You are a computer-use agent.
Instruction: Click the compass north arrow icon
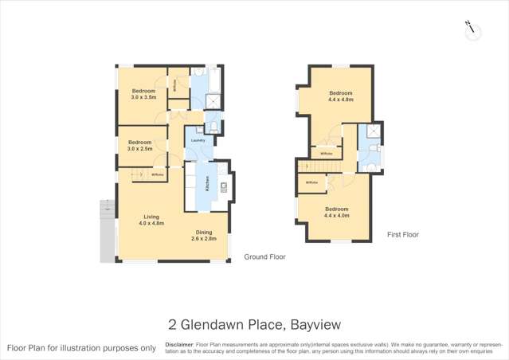tap(472, 29)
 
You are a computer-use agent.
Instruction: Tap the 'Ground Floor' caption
tap(264, 257)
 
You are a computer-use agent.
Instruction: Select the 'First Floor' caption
tap(402, 235)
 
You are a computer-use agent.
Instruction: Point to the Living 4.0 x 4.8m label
tap(151, 221)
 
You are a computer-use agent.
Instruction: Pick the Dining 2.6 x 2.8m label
tap(204, 236)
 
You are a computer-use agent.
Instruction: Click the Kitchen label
tap(208, 184)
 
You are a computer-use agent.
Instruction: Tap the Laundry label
tap(198, 141)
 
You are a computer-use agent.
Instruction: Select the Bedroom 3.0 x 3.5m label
tap(143, 94)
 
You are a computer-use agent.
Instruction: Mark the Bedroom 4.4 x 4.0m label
tap(336, 212)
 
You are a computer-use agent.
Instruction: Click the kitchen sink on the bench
tap(224, 188)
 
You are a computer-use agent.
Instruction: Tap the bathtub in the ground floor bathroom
tap(199, 82)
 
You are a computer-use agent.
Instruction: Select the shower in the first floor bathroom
tap(370, 133)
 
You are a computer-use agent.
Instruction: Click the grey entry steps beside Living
tap(107, 209)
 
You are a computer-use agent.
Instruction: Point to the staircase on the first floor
tap(318, 165)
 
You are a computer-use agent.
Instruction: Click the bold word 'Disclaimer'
tap(178, 345)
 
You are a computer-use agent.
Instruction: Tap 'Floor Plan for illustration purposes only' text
tap(81, 348)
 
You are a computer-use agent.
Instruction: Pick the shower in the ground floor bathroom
tap(214, 101)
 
